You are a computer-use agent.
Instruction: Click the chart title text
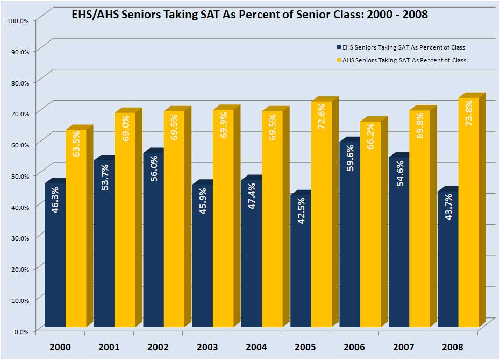pyautogui.click(x=249, y=15)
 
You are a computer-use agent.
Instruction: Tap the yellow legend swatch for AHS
pyautogui.click(x=339, y=60)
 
